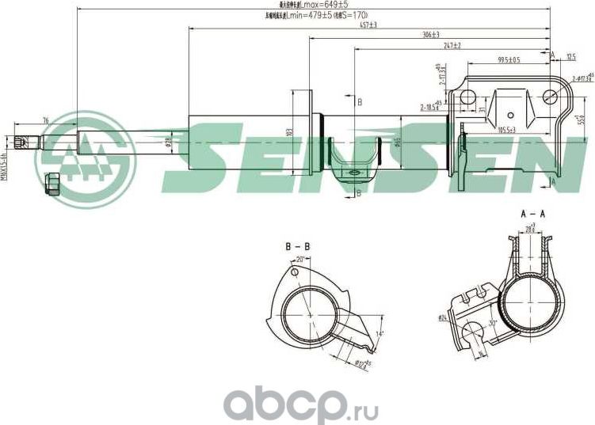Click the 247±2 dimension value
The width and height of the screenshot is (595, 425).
(x=452, y=46)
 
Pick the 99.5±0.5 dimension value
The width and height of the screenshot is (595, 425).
(x=509, y=60)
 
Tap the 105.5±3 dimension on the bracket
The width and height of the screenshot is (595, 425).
(x=506, y=129)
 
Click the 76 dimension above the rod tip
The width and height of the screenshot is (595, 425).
(x=45, y=120)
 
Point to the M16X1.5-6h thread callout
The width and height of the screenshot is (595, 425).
(x=4, y=167)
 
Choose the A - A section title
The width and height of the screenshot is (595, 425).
(x=532, y=214)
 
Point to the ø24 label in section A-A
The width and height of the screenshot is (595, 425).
(x=441, y=319)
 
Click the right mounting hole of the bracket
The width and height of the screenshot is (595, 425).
(x=551, y=97)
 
